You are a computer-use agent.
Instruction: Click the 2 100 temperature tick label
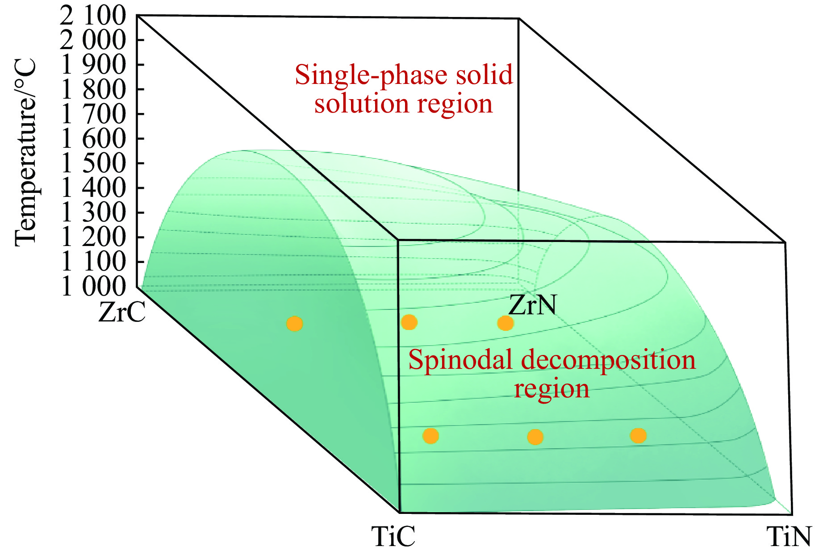[x=93, y=16]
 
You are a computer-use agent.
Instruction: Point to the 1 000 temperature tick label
[x=93, y=286]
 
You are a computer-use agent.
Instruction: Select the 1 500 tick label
[x=93, y=163]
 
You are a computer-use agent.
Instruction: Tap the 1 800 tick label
[x=93, y=90]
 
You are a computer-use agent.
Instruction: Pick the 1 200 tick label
[x=93, y=237]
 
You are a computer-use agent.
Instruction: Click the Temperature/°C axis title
[x=25, y=152]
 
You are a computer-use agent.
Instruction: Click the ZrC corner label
[x=122, y=312]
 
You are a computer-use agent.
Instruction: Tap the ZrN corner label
[x=532, y=306]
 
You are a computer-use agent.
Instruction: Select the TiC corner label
[x=393, y=536]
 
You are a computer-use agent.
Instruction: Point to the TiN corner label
[x=789, y=536]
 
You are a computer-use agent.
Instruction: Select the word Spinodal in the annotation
[x=460, y=360]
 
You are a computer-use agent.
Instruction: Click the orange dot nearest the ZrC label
[x=295, y=324]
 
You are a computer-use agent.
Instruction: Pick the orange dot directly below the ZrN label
[x=505, y=323]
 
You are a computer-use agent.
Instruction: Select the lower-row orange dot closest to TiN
[x=638, y=435]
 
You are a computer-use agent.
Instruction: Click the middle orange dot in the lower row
[x=535, y=437]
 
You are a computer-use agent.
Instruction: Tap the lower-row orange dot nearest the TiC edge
[x=430, y=436]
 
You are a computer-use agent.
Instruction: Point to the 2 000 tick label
[x=93, y=41]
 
